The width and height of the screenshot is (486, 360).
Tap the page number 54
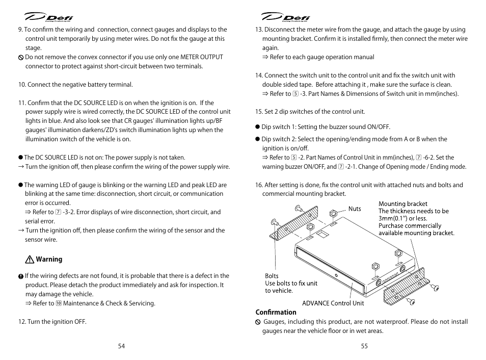[x=121, y=346]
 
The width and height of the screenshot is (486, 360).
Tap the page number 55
[x=364, y=346]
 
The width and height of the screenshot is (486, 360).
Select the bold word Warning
[x=49, y=260]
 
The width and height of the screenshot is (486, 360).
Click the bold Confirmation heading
[x=276, y=313]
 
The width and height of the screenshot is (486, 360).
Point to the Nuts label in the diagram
[x=355, y=209]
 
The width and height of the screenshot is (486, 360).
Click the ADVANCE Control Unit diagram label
[x=333, y=303]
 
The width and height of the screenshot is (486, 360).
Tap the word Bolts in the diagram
[x=272, y=276]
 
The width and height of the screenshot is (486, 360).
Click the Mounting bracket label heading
[x=403, y=204]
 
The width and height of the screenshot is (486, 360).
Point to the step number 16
[x=258, y=185]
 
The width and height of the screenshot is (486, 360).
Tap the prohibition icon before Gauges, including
[x=258, y=322]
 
